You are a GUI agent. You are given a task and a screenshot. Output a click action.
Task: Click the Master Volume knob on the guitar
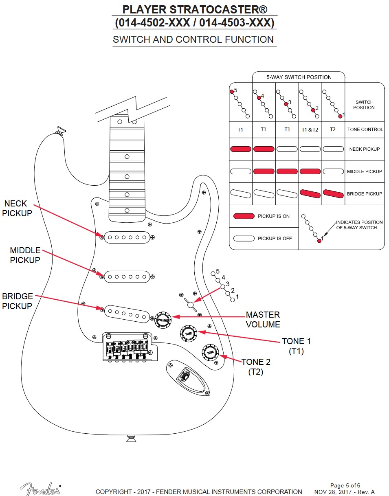coord(163,320)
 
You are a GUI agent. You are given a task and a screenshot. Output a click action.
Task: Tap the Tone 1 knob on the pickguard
coord(188,334)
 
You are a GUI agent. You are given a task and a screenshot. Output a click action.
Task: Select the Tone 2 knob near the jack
coord(210,352)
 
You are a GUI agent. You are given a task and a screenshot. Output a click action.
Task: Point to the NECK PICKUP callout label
coord(18,208)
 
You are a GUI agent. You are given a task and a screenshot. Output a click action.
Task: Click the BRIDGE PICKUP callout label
coord(17,301)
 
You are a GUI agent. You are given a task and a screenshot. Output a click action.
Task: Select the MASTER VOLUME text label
coord(263,320)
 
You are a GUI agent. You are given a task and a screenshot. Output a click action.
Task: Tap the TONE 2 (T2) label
coord(255,367)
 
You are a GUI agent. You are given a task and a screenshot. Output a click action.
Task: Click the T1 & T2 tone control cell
coord(310,129)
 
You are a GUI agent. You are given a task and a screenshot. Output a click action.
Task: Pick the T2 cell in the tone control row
coord(333,129)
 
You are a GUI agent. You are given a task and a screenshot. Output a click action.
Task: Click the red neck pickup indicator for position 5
coord(240,149)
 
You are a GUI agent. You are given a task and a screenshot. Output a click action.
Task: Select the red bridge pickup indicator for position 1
coord(333,193)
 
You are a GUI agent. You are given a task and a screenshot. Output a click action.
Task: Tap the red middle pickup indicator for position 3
coord(287,171)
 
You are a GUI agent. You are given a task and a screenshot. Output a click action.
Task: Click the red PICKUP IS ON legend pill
coord(244,216)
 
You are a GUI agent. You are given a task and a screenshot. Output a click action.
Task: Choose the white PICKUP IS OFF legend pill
coord(244,238)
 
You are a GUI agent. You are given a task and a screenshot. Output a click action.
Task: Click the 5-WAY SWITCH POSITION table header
coord(299,77)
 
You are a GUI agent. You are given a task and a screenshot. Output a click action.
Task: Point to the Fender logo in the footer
coord(40,489)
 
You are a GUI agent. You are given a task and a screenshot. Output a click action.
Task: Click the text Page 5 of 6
coord(345,485)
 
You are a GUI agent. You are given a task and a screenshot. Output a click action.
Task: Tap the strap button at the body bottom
coord(132,439)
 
